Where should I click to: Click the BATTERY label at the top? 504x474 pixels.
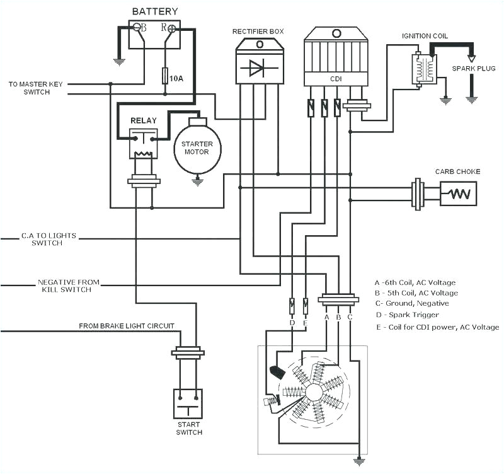point(154,11)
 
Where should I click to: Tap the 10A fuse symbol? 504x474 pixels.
point(165,76)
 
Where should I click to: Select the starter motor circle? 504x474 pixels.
point(197,147)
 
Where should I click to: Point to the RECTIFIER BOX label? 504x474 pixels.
point(259,31)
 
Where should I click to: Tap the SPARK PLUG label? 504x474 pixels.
point(472,68)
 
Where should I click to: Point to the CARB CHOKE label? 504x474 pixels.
point(457,172)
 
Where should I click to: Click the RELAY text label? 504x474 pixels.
point(143,120)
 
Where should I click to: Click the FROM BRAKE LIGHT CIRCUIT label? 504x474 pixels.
point(127,326)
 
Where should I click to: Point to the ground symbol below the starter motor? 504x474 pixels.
point(197,180)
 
